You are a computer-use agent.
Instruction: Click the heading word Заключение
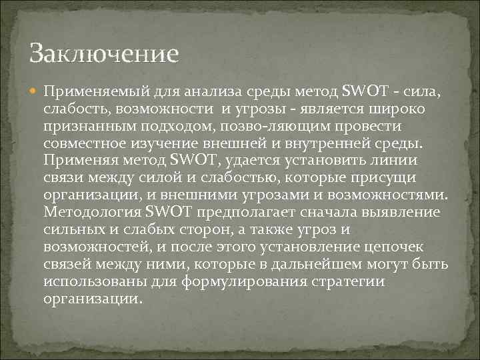[104, 54]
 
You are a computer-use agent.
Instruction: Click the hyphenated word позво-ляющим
[262, 126]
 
